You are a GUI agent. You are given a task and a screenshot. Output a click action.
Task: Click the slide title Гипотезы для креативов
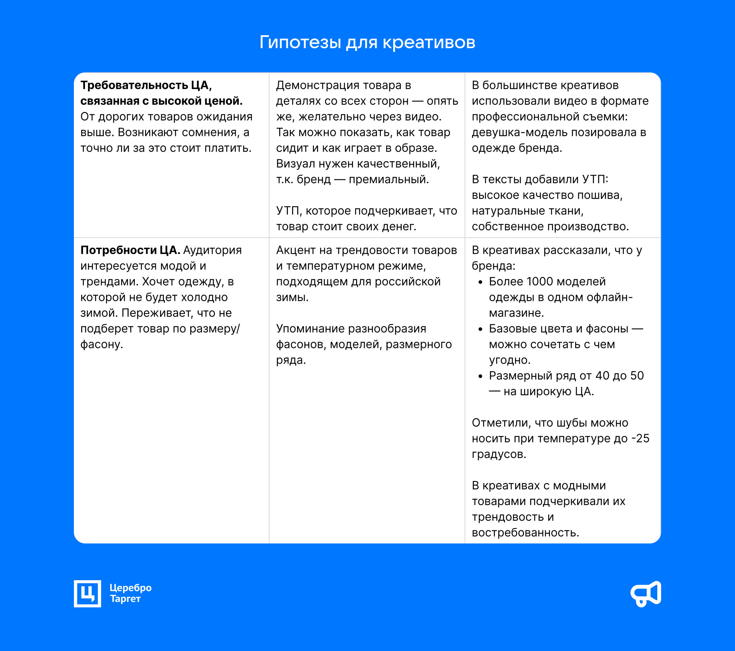pos(367,42)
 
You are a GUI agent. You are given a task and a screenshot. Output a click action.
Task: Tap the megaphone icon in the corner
pos(646,594)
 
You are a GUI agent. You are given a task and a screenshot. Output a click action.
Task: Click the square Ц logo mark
pos(87,594)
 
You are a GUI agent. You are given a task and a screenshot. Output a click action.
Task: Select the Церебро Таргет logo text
pos(131,593)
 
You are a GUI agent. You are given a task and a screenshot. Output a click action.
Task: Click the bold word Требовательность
pos(134,85)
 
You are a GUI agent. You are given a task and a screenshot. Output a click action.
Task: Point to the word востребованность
pos(525,533)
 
